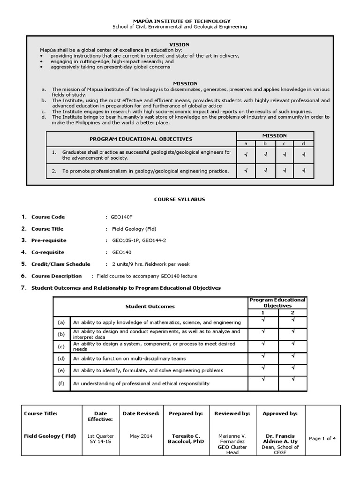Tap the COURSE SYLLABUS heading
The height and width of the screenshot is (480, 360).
[180, 199]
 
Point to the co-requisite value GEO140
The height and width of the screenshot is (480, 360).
[120, 252]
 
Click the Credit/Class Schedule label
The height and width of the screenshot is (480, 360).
[60, 264]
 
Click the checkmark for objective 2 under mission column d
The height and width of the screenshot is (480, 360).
[304, 171]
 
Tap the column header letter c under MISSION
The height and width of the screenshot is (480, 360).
[284, 143]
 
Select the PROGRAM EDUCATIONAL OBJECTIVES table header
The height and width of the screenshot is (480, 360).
[141, 139]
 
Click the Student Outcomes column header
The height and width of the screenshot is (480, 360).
[150, 306]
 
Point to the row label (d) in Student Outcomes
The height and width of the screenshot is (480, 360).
[61, 359]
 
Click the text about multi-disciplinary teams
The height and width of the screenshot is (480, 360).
[129, 359]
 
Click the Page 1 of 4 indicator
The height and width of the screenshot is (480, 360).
[322, 439]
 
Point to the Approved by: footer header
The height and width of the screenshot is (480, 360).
[280, 413]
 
